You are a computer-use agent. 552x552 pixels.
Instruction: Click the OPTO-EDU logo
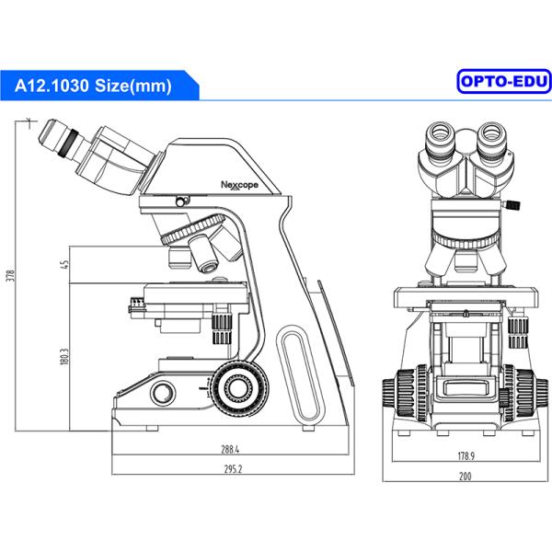[x=503, y=85]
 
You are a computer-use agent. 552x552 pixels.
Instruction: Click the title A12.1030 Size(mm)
[x=93, y=86]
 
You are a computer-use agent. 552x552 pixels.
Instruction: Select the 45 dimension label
[x=64, y=265]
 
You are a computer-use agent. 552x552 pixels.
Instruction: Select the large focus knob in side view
[x=238, y=387]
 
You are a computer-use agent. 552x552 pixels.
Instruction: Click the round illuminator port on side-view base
[x=163, y=394]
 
